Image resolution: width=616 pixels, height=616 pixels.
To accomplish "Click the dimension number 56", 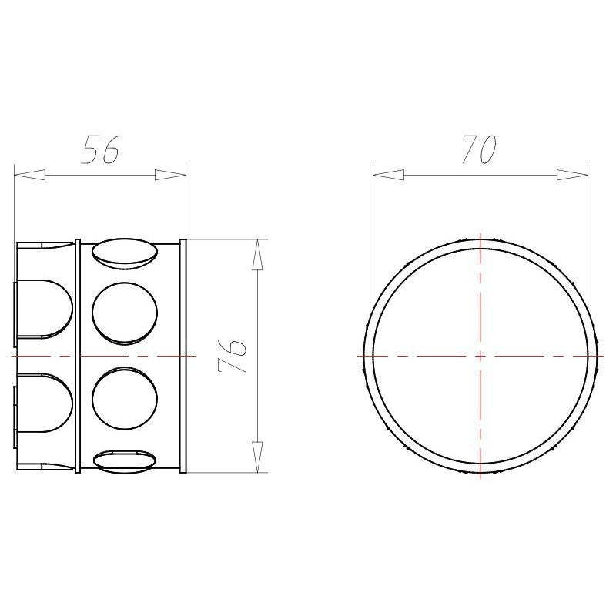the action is [100, 149].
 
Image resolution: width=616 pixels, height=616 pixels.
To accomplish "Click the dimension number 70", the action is [478, 149].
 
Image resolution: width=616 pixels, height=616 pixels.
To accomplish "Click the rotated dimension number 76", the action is [232, 356].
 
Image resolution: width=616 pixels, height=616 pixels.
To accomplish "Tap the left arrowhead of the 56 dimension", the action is [29, 175].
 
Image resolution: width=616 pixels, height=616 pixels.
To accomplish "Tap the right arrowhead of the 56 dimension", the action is [170, 175].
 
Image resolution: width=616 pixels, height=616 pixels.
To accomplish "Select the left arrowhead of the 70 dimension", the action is [389, 175].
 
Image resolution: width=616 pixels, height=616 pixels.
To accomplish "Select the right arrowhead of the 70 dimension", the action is [572, 175].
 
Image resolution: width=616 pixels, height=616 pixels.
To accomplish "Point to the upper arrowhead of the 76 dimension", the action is [257, 255].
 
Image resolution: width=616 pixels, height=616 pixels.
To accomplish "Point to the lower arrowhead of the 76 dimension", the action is [257, 457].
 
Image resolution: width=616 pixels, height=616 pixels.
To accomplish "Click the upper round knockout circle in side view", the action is [125, 313].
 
